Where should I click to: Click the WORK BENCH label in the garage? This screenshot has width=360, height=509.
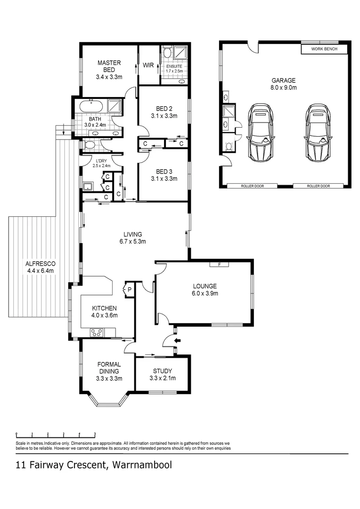pyautogui.click(x=324, y=49)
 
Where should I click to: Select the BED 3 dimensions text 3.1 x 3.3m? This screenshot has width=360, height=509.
pyautogui.click(x=164, y=179)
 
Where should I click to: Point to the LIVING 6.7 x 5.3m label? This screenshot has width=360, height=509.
pyautogui.click(x=133, y=238)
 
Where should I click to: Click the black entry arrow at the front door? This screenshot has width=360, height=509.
pyautogui.click(x=178, y=340)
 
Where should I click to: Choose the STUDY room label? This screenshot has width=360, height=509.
pyautogui.click(x=162, y=371)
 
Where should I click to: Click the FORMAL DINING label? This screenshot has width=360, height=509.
pyautogui.click(x=109, y=368)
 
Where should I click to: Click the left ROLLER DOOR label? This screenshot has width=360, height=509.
pyautogui.click(x=252, y=186)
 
